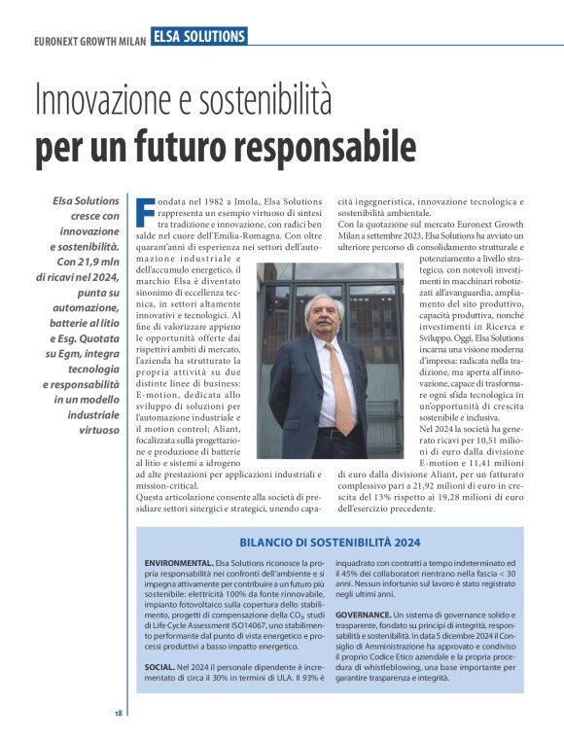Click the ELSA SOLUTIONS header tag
pyautogui.click(x=198, y=36)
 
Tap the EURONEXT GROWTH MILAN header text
pyautogui.click(x=89, y=42)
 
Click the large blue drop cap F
pyautogui.click(x=143, y=211)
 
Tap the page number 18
pyautogui.click(x=118, y=713)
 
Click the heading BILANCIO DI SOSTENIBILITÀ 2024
pyautogui.click(x=330, y=542)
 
